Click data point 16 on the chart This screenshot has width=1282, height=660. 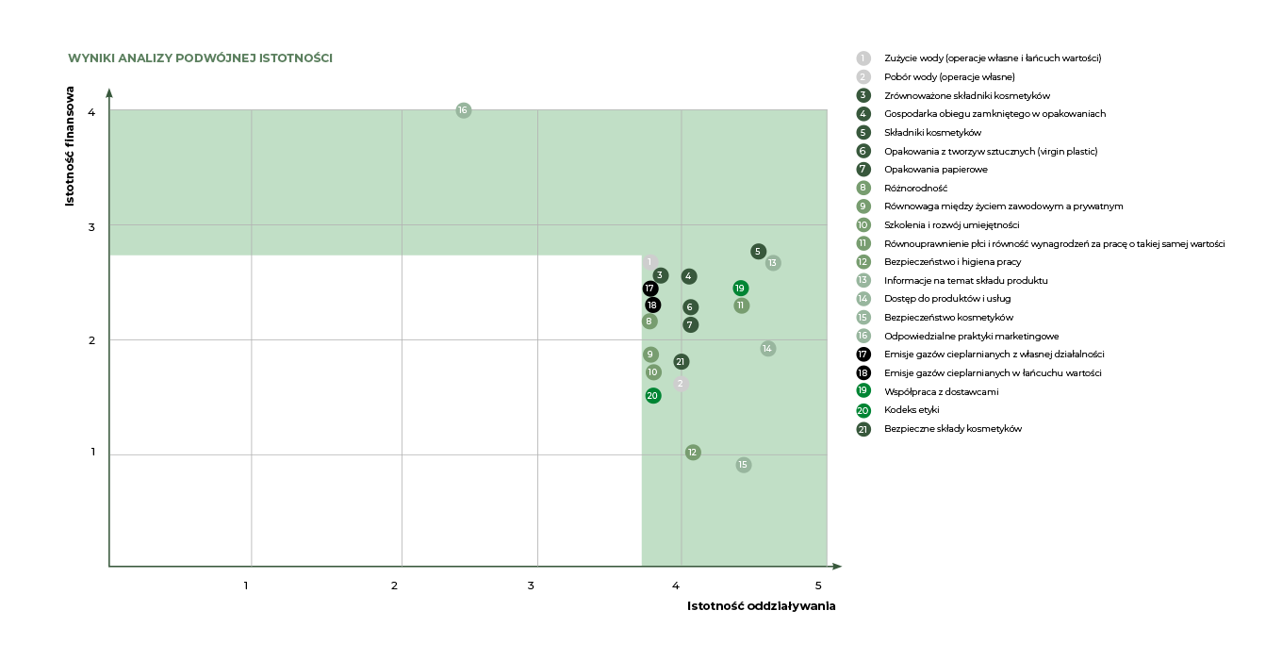click(463, 110)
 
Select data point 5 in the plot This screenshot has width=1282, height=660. click(759, 251)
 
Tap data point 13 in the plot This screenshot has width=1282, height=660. click(773, 263)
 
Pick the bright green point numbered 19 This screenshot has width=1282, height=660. click(741, 288)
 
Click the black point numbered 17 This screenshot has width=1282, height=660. click(649, 289)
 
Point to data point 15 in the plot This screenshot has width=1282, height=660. click(743, 465)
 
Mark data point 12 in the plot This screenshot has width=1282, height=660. click(693, 453)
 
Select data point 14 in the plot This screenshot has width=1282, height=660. click(768, 349)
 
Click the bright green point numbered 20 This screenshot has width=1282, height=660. click(653, 395)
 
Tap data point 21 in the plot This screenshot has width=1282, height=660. click(682, 362)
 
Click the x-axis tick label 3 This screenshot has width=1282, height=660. click(532, 586)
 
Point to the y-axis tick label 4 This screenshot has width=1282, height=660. click(91, 112)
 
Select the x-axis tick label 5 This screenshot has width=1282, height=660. click(818, 586)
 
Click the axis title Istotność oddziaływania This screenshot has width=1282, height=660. click(761, 606)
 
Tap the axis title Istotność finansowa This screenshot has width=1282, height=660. click(70, 147)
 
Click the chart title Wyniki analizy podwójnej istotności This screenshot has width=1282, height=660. click(200, 58)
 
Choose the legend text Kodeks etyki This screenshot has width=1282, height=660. click(912, 410)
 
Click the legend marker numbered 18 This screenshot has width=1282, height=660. click(863, 373)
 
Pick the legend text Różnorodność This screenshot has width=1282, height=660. click(915, 188)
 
